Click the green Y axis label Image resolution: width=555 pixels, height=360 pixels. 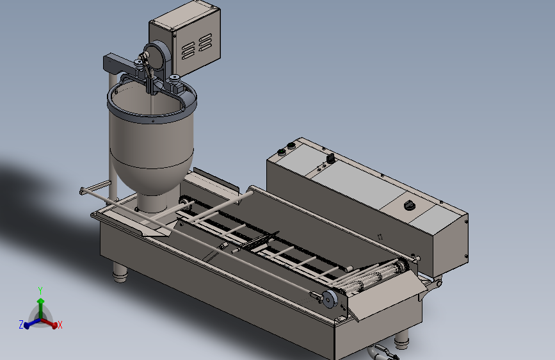pyautogui.click(x=40, y=291)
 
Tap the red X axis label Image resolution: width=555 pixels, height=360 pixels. pyautogui.click(x=60, y=325)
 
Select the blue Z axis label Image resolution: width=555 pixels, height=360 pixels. pyautogui.click(x=21, y=324)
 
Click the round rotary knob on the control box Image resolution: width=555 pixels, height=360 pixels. pyautogui.click(x=410, y=205)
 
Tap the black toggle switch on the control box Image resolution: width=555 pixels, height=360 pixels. pyautogui.click(x=330, y=158)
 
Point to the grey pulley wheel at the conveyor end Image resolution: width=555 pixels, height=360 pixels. pyautogui.click(x=330, y=299)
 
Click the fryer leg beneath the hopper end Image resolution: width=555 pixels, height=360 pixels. pyautogui.click(x=120, y=272)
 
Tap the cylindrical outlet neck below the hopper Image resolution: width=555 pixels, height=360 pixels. pyautogui.click(x=152, y=203)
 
